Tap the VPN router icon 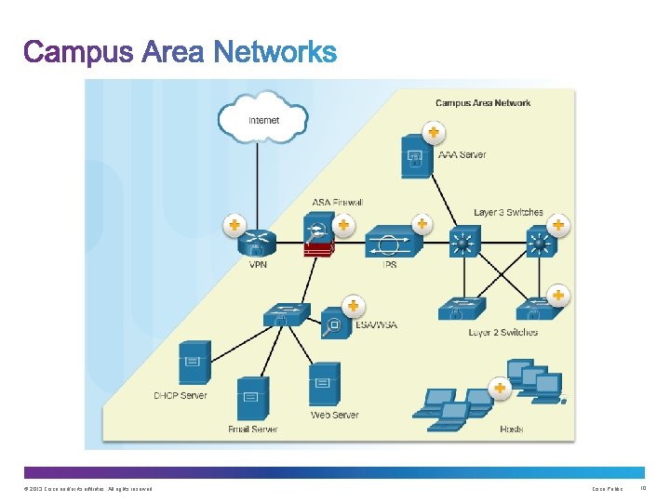[258, 244]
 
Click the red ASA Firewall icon [318, 239]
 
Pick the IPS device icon [393, 244]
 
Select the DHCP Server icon [194, 363]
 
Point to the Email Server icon [252, 400]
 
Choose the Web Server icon [324, 384]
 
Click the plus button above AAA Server [433, 131]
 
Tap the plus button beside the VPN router [234, 225]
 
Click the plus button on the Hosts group [500, 387]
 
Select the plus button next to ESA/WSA [353, 305]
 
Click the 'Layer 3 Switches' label [508, 212]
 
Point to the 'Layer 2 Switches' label [502, 332]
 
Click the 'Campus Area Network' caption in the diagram [483, 102]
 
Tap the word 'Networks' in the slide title [275, 52]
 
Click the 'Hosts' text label [511, 429]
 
